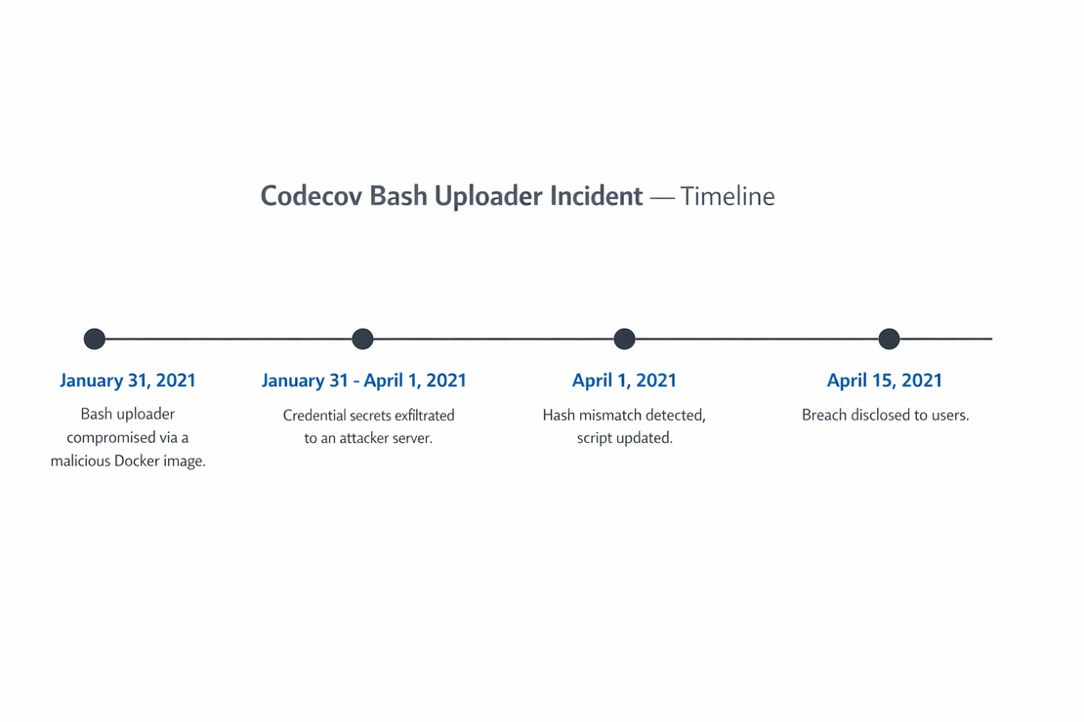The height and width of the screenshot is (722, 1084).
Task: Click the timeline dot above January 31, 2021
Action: click(95, 340)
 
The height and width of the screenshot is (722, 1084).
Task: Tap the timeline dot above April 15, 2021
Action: click(889, 340)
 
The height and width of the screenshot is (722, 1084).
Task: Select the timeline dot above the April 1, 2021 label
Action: click(624, 340)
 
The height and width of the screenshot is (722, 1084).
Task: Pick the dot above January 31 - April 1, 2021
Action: click(363, 340)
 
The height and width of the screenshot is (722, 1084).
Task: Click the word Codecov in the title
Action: click(312, 196)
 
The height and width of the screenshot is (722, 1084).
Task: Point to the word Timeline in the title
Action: click(728, 196)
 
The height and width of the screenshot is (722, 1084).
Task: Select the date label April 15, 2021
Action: click(884, 381)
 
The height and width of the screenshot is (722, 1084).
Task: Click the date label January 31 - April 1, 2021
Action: click(363, 381)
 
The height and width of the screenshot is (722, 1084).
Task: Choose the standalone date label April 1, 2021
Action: click(624, 381)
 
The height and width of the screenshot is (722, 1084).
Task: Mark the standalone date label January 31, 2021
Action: click(128, 381)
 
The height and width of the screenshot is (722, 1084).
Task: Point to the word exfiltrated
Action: click(425, 416)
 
